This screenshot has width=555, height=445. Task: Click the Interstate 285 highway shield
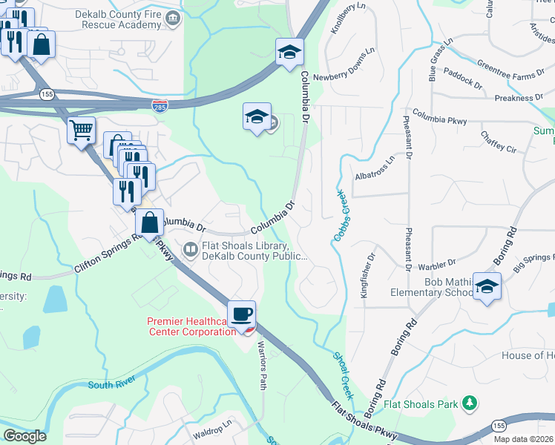160,106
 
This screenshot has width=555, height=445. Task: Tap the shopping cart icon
81,131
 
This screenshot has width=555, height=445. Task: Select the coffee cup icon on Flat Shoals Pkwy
241,314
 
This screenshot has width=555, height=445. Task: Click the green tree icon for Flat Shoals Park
469,403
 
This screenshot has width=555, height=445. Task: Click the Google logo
24,435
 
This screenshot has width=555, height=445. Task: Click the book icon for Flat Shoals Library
190,249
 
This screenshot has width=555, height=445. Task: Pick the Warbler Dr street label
436,263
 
